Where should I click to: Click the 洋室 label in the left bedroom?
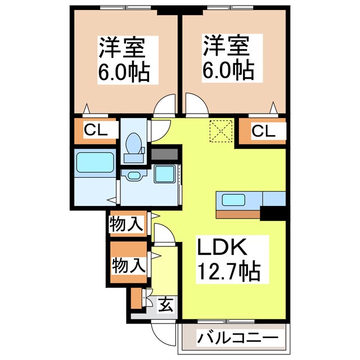click(123, 48)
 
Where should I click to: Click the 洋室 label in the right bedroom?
click(227, 44)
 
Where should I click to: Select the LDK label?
click(221, 248)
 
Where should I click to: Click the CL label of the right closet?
click(263, 132)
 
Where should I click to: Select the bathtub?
click(94, 164)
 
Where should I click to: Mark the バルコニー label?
click(237, 339)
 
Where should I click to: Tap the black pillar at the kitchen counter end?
click(273, 213)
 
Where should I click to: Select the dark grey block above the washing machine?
click(164, 154)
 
